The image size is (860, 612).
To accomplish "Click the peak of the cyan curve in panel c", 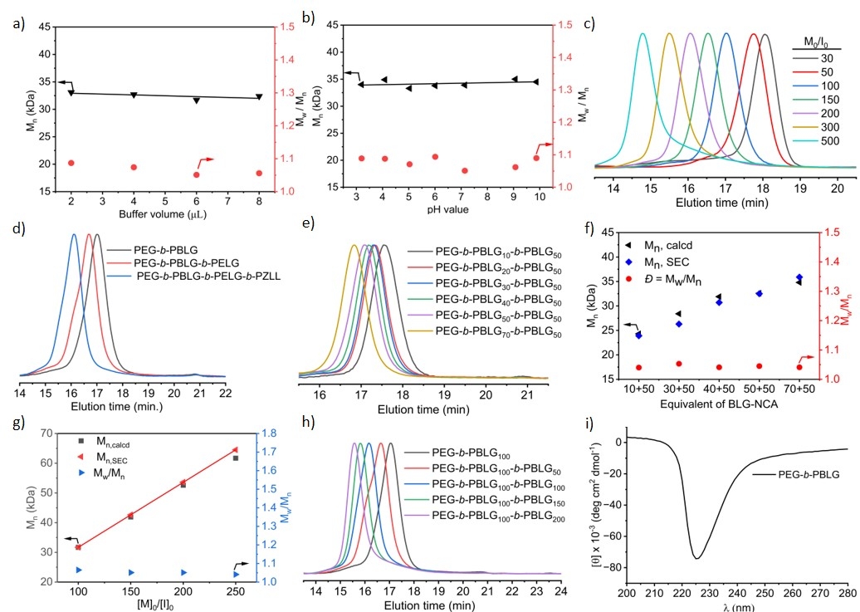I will pyautogui.click(x=643, y=34).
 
